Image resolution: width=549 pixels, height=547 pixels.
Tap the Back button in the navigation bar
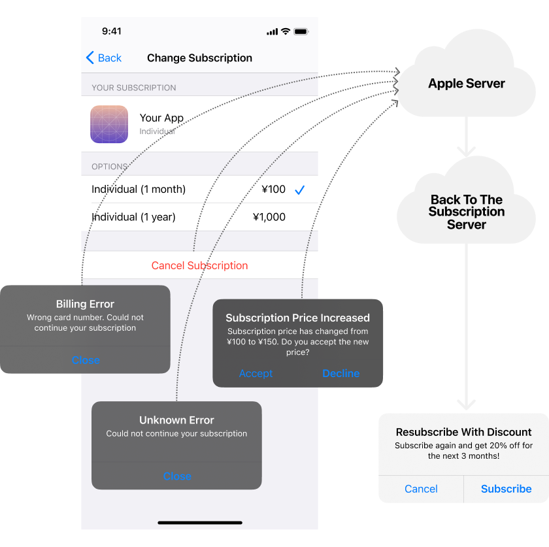[x=104, y=58]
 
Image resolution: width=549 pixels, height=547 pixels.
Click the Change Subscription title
[x=199, y=58]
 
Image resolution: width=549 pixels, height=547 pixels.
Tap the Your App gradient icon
[x=109, y=124]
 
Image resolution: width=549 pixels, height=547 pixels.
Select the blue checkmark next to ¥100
[x=299, y=190]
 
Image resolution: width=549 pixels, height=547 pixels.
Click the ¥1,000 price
[x=269, y=217]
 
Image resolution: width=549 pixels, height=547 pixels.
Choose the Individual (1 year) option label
[x=133, y=217]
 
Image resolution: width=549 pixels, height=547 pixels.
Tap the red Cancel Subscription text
[x=199, y=265]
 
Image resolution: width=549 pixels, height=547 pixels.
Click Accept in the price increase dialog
[x=256, y=373]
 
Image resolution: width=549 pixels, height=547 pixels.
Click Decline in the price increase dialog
[x=341, y=373]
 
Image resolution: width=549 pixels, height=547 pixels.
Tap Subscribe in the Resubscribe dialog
[x=506, y=489]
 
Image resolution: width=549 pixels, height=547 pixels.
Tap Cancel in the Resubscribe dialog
[x=421, y=489]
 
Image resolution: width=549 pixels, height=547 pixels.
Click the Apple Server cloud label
[x=466, y=84]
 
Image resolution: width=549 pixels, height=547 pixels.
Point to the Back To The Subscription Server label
[x=466, y=212]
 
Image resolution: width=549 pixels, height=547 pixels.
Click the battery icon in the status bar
[x=301, y=31]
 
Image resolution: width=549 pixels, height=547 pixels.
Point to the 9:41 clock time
[x=112, y=31]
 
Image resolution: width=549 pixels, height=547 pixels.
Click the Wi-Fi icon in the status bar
[x=286, y=31]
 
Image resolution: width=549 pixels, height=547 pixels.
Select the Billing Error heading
[x=85, y=304]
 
